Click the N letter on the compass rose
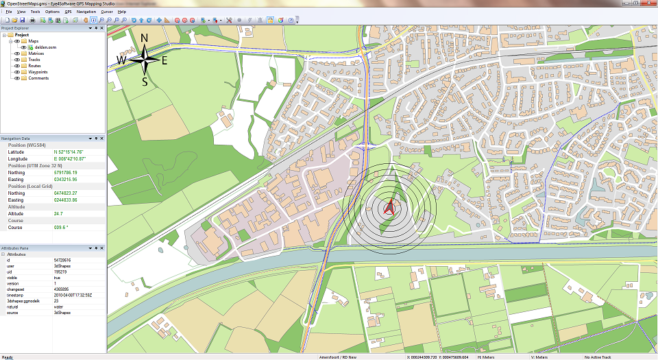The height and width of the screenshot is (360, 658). (x=144, y=38)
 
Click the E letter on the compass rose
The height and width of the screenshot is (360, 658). (x=164, y=60)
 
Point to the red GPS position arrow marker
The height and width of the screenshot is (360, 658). (x=389, y=208)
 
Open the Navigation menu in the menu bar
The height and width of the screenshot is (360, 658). (x=86, y=12)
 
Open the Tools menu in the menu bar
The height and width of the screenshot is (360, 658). (x=35, y=12)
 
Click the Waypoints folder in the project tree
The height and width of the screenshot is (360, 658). (x=38, y=71)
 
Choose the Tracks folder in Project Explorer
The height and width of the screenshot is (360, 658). (x=34, y=60)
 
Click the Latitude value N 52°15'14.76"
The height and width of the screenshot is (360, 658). (x=68, y=152)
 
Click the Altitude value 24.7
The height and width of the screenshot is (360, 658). (x=58, y=213)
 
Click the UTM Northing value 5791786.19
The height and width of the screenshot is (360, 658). (x=65, y=172)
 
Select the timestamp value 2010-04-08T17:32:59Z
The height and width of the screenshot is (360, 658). (x=73, y=295)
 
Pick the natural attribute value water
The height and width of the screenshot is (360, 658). (x=58, y=307)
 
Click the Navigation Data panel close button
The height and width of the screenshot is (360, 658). (x=102, y=139)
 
